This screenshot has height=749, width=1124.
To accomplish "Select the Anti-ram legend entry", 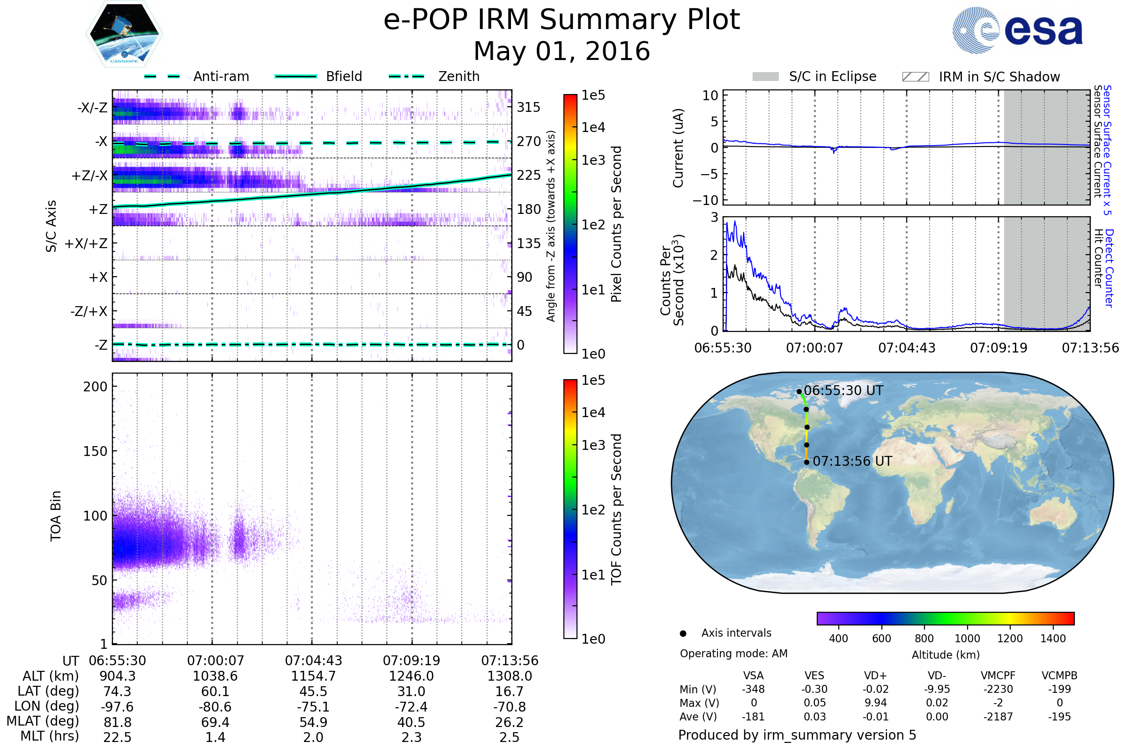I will pyautogui.click(x=196, y=76).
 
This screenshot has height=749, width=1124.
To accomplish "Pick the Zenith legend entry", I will pyautogui.click(x=434, y=76).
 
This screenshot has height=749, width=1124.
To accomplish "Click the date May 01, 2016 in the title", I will pyautogui.click(x=562, y=51).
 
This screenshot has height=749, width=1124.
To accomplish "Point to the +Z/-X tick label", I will pyautogui.click(x=89, y=176).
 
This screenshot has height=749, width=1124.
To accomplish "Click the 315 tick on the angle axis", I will pyautogui.click(x=529, y=107).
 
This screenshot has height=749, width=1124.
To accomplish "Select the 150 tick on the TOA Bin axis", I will pyautogui.click(x=95, y=451).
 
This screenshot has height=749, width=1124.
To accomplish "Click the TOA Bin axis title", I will pyautogui.click(x=56, y=516).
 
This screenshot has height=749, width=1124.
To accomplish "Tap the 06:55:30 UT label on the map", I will pyautogui.click(x=843, y=391).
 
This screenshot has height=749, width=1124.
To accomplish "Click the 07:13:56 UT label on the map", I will pyautogui.click(x=852, y=462).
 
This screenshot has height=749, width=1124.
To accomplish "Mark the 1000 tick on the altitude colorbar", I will pyautogui.click(x=967, y=639).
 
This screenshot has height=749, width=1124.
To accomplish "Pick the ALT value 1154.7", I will pyautogui.click(x=313, y=676).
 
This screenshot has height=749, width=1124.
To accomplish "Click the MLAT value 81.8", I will pyautogui.click(x=118, y=722).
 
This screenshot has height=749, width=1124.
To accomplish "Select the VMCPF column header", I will pyautogui.click(x=998, y=676).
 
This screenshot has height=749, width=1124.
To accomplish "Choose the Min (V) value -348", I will pyautogui.click(x=753, y=689).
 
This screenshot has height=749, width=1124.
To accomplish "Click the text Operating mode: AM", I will pyautogui.click(x=733, y=654).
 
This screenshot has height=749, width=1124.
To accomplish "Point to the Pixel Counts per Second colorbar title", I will pyautogui.click(x=616, y=224).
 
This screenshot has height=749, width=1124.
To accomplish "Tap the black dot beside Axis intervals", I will pyautogui.click(x=683, y=633).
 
